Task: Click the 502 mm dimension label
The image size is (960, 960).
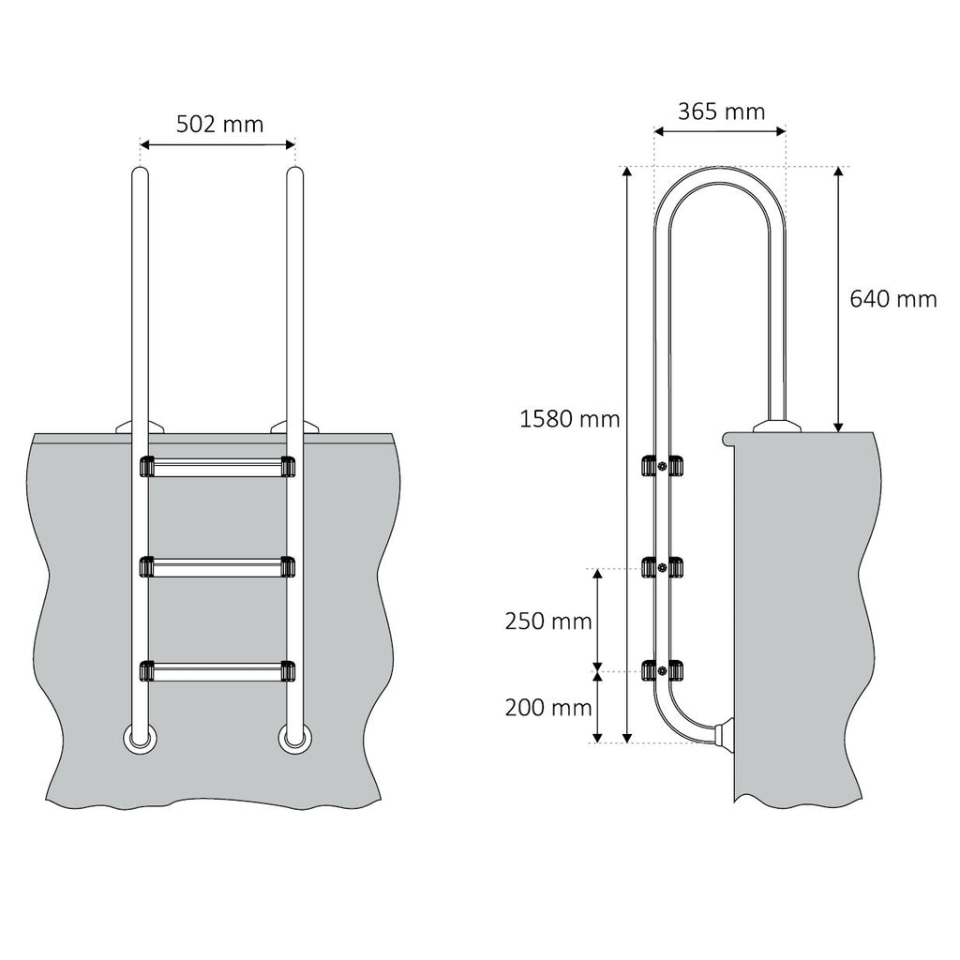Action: (219, 124)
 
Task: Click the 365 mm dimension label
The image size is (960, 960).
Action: (721, 111)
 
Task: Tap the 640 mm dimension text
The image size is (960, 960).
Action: (892, 298)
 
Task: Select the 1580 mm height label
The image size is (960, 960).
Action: (569, 419)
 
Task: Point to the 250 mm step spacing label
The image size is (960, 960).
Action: (547, 621)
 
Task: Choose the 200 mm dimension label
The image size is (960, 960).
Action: (547, 708)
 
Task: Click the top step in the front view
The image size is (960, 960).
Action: (216, 466)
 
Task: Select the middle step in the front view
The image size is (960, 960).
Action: (216, 566)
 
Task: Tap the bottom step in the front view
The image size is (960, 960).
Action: (216, 670)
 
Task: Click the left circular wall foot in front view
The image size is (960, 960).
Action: (140, 739)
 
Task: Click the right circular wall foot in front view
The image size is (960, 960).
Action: (293, 739)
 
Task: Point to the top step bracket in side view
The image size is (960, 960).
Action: (662, 466)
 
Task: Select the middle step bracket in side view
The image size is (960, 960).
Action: (662, 567)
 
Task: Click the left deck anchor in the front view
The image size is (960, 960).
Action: (138, 427)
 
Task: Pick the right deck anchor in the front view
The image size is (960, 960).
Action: (294, 427)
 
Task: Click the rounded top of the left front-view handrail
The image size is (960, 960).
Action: (140, 175)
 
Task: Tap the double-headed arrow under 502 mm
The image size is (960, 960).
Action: (217, 144)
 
